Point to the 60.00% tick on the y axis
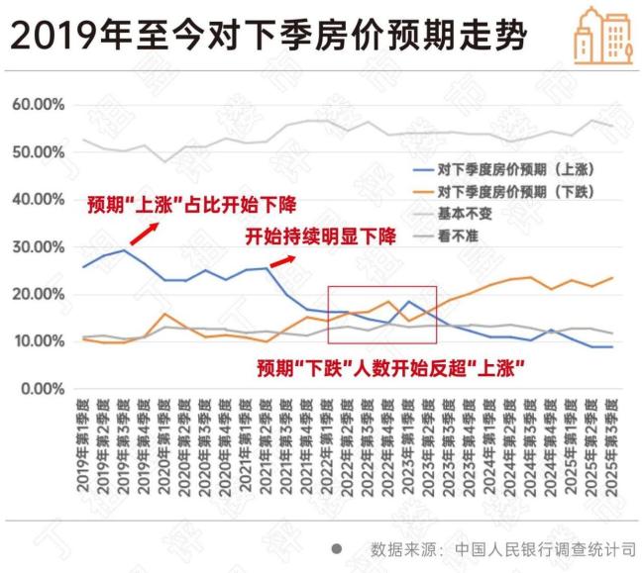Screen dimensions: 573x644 pos(39,105)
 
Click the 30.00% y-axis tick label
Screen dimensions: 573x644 pos(39,246)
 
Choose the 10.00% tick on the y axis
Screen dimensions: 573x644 pos(39,341)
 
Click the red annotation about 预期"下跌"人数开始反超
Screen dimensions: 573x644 pos(390,368)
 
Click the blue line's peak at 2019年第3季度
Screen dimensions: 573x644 pos(124,250)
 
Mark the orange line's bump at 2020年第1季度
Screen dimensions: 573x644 pos(164,314)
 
